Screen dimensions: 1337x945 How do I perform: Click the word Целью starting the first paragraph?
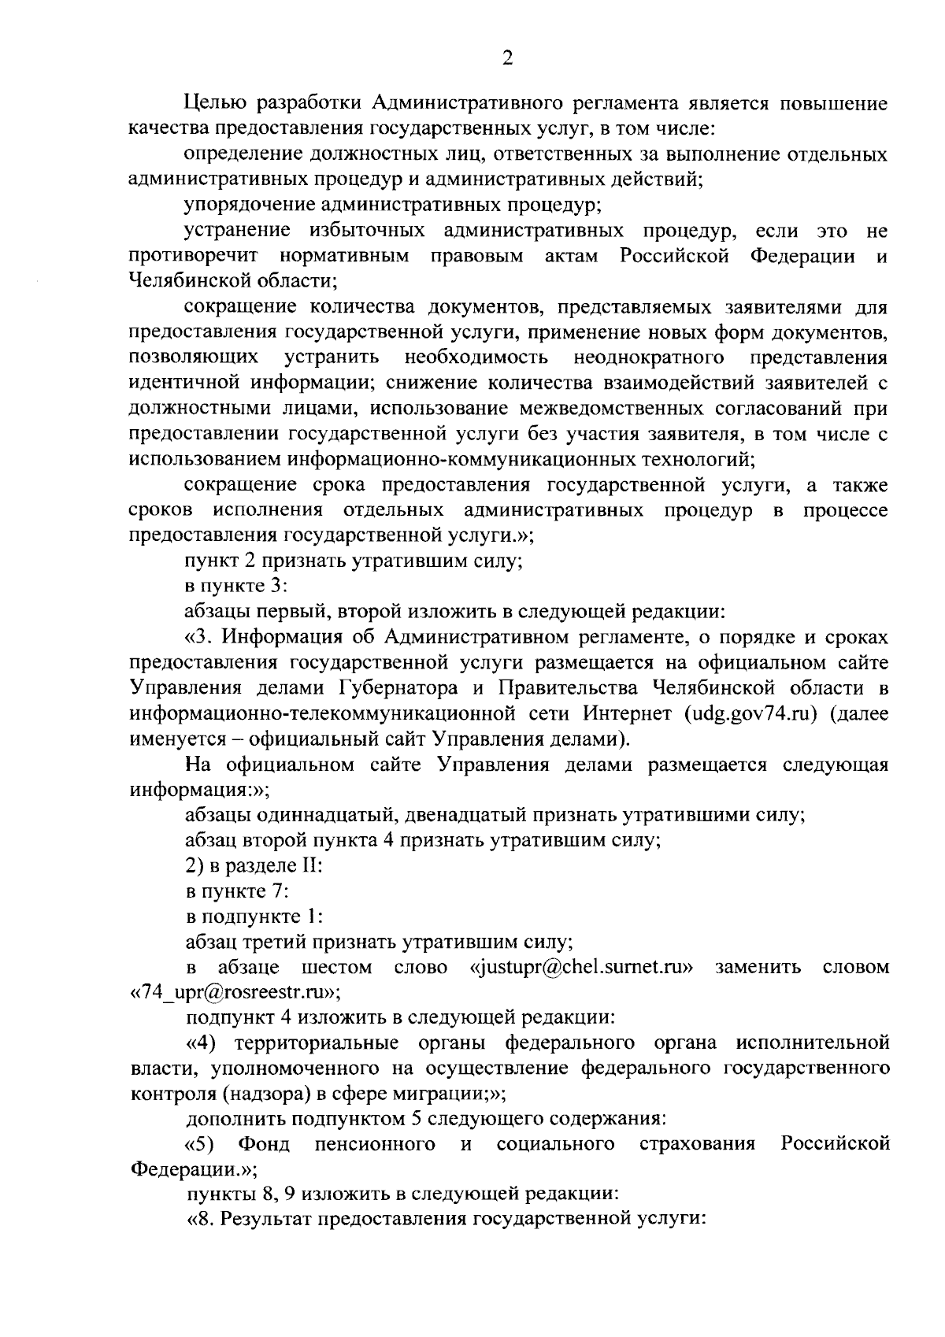[214, 103]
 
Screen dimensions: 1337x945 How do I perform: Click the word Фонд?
[264, 1143]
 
